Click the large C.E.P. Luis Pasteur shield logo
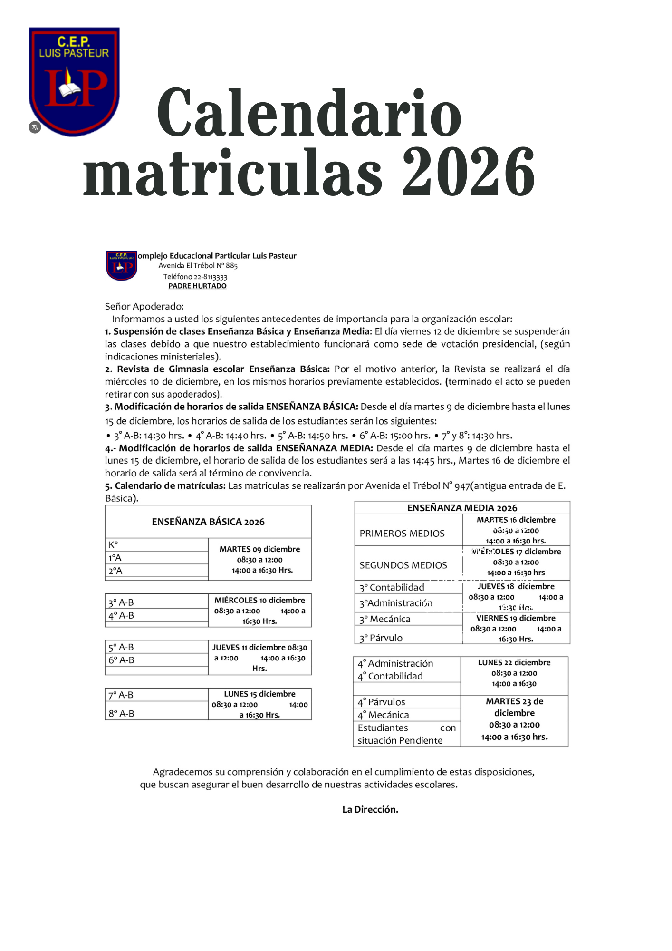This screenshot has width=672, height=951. coord(74,81)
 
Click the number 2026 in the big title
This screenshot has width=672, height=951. coord(469,172)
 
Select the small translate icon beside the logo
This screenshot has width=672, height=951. coord(35,127)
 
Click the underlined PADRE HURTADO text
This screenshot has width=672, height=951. coord(197,286)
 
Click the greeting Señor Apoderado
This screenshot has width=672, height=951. coord(144,306)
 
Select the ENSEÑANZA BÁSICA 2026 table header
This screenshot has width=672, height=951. coord(208,522)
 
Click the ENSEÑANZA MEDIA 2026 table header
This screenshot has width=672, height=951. coord(462,508)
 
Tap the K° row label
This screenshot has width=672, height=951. coord(113,545)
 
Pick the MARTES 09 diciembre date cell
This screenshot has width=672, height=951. coord(259,549)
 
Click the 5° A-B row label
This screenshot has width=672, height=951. coord(121,647)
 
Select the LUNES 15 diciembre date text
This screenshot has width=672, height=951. coord(259,694)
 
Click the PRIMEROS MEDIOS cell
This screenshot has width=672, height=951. coord(402,534)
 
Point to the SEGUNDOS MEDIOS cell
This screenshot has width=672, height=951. coord(403,565)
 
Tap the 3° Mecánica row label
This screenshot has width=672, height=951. coord(384,619)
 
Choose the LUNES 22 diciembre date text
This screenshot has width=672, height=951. coord(514,662)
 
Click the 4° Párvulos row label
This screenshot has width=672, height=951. coord(381,702)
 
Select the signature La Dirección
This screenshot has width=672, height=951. coord(370,809)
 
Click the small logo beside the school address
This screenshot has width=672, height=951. coord(121,265)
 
